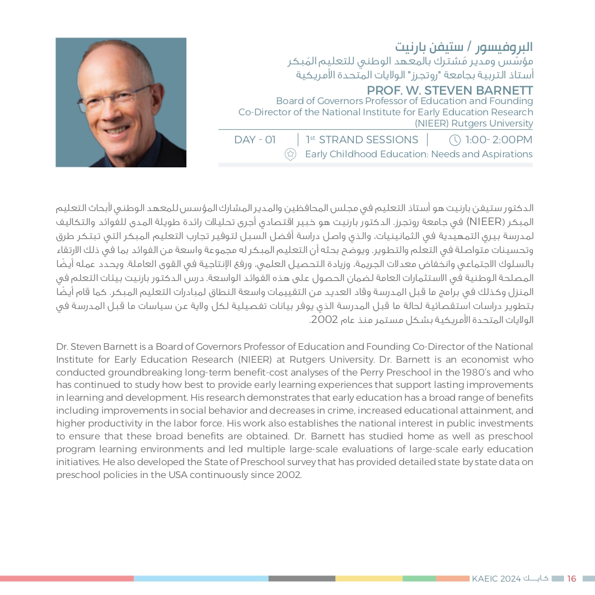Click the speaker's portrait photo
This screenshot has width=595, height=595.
click(x=121, y=102)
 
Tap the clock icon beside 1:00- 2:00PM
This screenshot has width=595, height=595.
click(x=455, y=140)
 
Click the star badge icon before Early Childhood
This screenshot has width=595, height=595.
click(x=290, y=154)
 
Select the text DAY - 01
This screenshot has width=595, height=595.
click(x=255, y=140)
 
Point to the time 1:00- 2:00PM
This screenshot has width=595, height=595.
click(x=498, y=140)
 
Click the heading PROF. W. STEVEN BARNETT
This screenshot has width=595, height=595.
click(x=449, y=91)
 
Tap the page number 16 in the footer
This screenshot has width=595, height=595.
click(x=571, y=578)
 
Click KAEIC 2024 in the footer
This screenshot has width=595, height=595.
click(x=496, y=578)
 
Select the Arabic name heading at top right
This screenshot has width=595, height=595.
click(x=463, y=47)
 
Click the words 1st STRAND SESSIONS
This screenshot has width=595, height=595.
click(x=362, y=140)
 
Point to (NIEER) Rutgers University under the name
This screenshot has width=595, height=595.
click(x=474, y=123)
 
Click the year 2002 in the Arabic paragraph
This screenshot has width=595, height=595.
click(x=324, y=320)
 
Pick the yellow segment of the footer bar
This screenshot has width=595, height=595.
click(x=369, y=579)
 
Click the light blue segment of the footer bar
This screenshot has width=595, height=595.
click(x=201, y=579)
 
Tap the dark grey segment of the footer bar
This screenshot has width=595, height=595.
click(x=302, y=579)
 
